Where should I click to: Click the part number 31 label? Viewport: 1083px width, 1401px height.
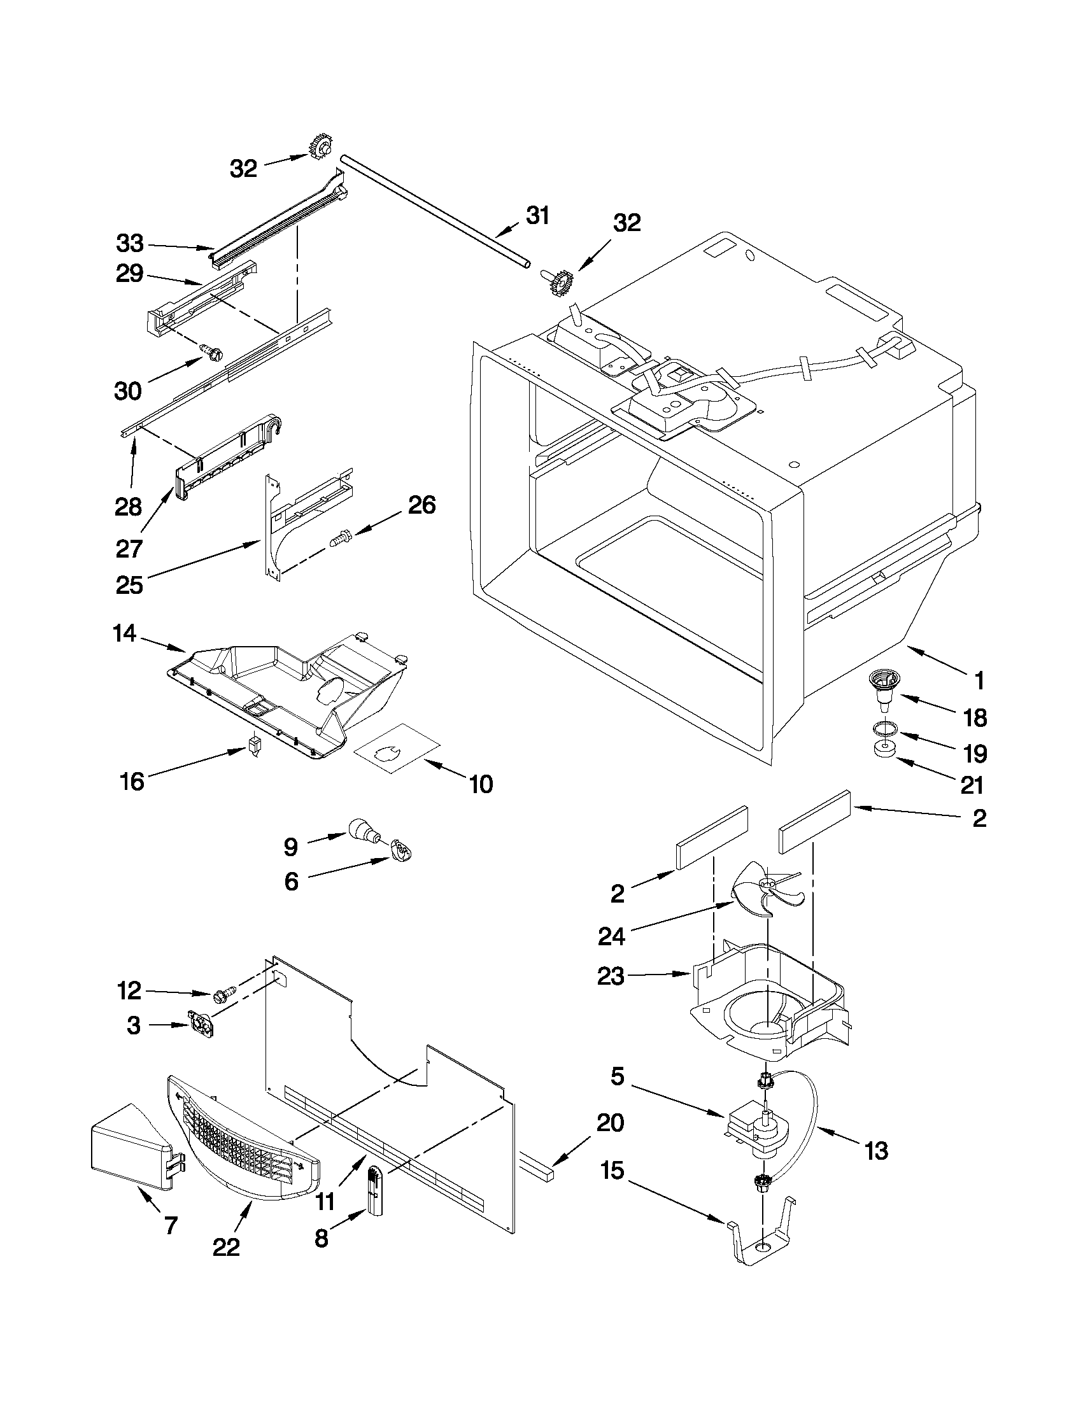point(537,216)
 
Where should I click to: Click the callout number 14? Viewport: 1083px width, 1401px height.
point(124,634)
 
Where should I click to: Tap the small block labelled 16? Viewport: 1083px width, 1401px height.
point(255,745)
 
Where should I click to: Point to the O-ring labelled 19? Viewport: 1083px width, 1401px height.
point(886,729)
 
